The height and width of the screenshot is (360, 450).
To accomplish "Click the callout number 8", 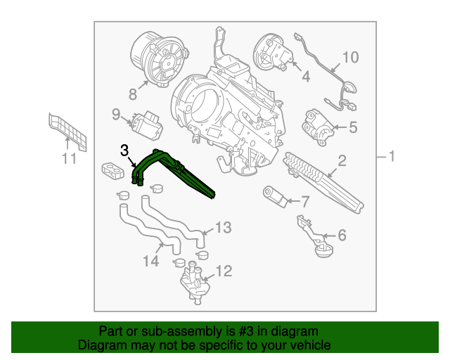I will pyautogui.click(x=131, y=94).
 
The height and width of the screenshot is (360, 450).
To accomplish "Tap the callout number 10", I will pyautogui.click(x=349, y=57).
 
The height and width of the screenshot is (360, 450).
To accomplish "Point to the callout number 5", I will pyautogui.click(x=352, y=127).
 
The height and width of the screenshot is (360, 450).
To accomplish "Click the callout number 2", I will pyautogui.click(x=342, y=162).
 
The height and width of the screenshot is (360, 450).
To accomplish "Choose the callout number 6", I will pyautogui.click(x=342, y=235).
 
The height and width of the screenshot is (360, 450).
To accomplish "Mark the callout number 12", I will pyautogui.click(x=223, y=270).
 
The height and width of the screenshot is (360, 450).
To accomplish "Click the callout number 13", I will pyautogui.click(x=223, y=227).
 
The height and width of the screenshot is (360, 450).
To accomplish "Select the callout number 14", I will pyautogui.click(x=150, y=261).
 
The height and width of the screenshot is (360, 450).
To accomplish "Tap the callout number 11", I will pyautogui.click(x=67, y=160).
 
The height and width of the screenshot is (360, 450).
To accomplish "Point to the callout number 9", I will pyautogui.click(x=116, y=113).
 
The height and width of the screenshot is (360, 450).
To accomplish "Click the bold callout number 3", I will pyautogui.click(x=124, y=150).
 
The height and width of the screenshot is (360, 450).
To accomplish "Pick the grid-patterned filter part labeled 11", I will pyautogui.click(x=68, y=131).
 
